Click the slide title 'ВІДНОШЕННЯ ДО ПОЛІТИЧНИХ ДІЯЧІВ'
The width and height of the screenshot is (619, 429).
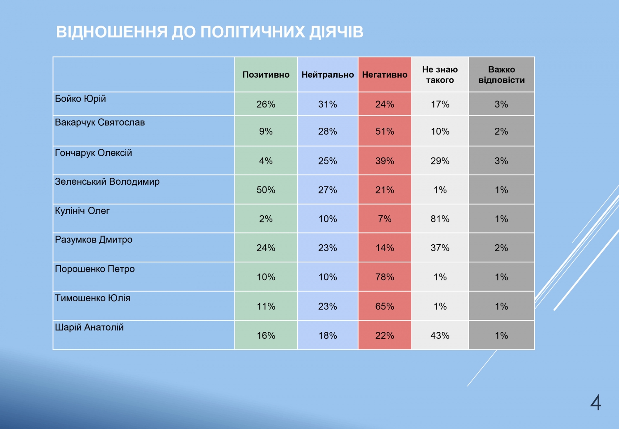[x=210, y=32]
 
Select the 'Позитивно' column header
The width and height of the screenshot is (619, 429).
[x=266, y=75]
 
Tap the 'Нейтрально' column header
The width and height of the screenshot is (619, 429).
[x=328, y=75]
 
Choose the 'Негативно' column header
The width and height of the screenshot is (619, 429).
[x=385, y=75]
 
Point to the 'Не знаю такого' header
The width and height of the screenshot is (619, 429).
[x=440, y=75]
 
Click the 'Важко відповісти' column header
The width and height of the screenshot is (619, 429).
[x=501, y=75]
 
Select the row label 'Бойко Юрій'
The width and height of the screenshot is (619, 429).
[x=80, y=99]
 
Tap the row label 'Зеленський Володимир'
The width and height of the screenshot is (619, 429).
[x=107, y=181]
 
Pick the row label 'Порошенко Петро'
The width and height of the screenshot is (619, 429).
[x=95, y=269]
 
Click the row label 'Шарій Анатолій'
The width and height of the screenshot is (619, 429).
[x=89, y=327]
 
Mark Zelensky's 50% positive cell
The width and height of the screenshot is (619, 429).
[x=266, y=190]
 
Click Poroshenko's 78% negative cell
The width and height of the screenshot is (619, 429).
[x=385, y=277]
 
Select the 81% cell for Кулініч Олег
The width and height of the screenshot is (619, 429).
[x=440, y=219]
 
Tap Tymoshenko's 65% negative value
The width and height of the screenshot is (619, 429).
[x=385, y=307]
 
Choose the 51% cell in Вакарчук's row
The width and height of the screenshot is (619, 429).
[x=385, y=131]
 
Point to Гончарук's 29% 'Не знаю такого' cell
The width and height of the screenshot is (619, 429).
[x=440, y=161]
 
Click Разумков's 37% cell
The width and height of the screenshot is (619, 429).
[x=440, y=248]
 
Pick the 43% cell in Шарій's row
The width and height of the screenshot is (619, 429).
[x=440, y=336]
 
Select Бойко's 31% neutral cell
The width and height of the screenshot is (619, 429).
[x=328, y=104]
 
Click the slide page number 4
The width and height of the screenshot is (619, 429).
[x=595, y=403]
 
